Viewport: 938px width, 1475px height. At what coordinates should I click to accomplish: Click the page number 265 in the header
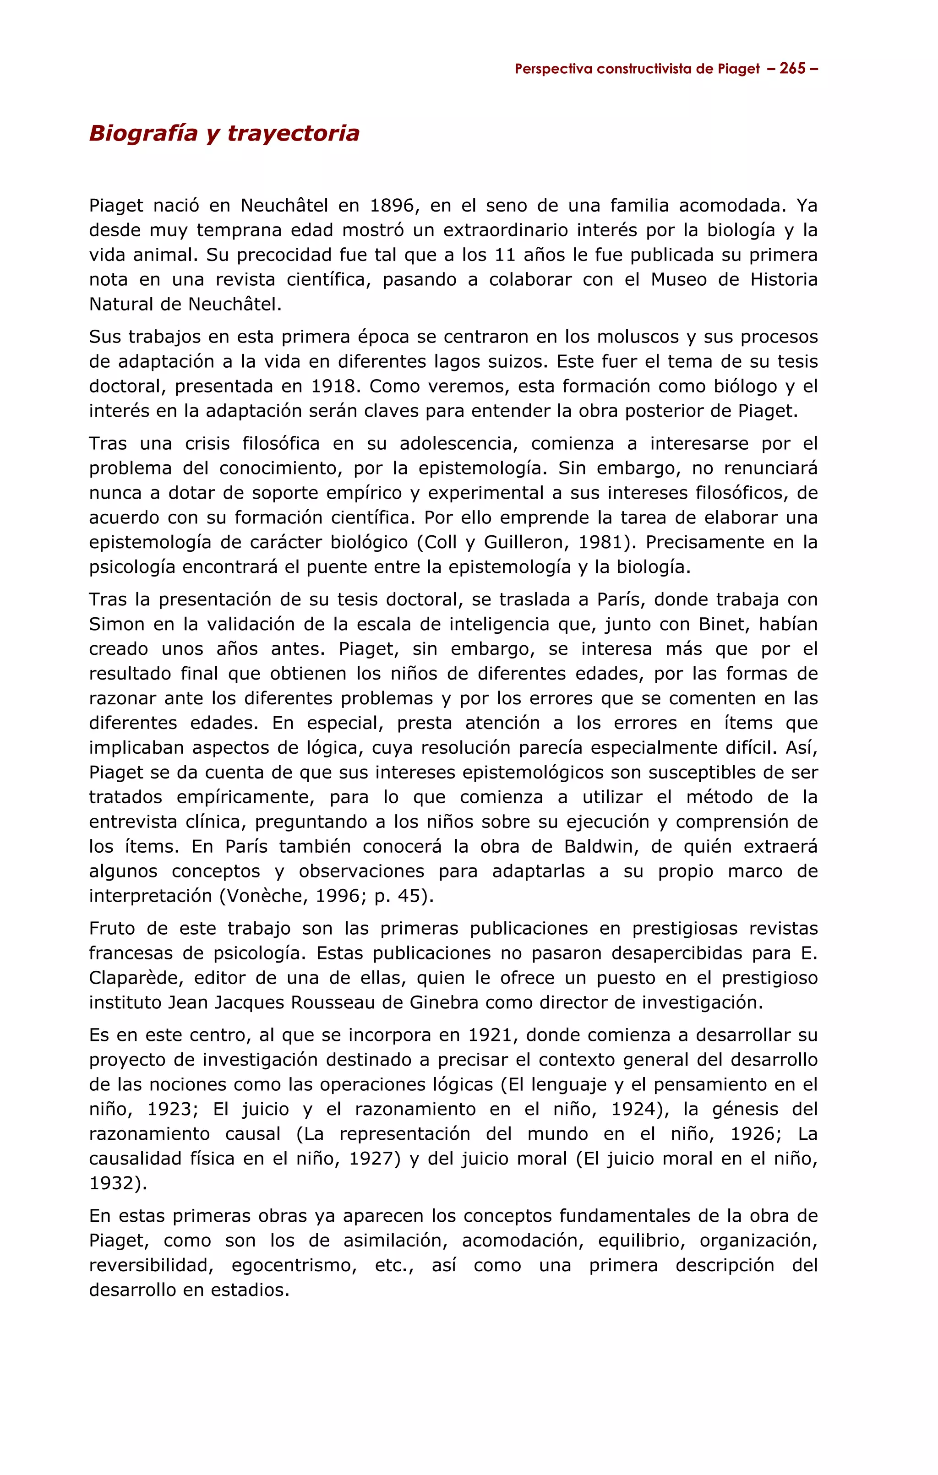coord(792,69)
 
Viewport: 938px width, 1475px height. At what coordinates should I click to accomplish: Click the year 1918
coord(335,386)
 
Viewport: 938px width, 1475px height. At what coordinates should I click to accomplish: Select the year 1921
coord(493,1035)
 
